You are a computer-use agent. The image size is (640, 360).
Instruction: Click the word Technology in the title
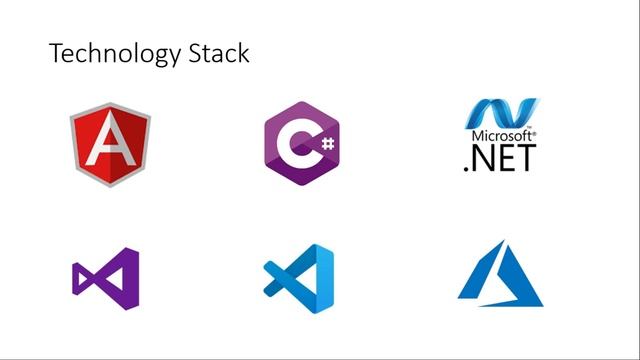115,53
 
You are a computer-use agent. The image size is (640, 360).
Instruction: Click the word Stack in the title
219,53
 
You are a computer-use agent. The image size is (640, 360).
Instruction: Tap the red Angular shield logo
110,144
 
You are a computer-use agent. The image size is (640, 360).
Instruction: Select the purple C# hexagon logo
302,143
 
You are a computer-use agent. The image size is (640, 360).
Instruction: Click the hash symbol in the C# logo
328,144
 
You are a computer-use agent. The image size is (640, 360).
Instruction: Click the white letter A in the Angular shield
110,139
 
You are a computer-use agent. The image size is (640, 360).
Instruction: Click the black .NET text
500,158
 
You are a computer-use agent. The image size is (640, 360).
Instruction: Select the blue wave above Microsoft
502,113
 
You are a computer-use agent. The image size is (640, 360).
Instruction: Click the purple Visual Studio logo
106,279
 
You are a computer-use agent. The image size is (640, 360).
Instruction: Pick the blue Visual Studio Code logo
299,279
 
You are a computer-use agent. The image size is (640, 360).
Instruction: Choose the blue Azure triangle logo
500,273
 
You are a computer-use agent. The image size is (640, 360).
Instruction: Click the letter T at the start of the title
57,53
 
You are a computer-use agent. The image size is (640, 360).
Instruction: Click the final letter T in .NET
526,158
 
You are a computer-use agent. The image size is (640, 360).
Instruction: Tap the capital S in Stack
195,53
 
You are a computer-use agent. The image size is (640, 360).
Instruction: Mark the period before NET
466,168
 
